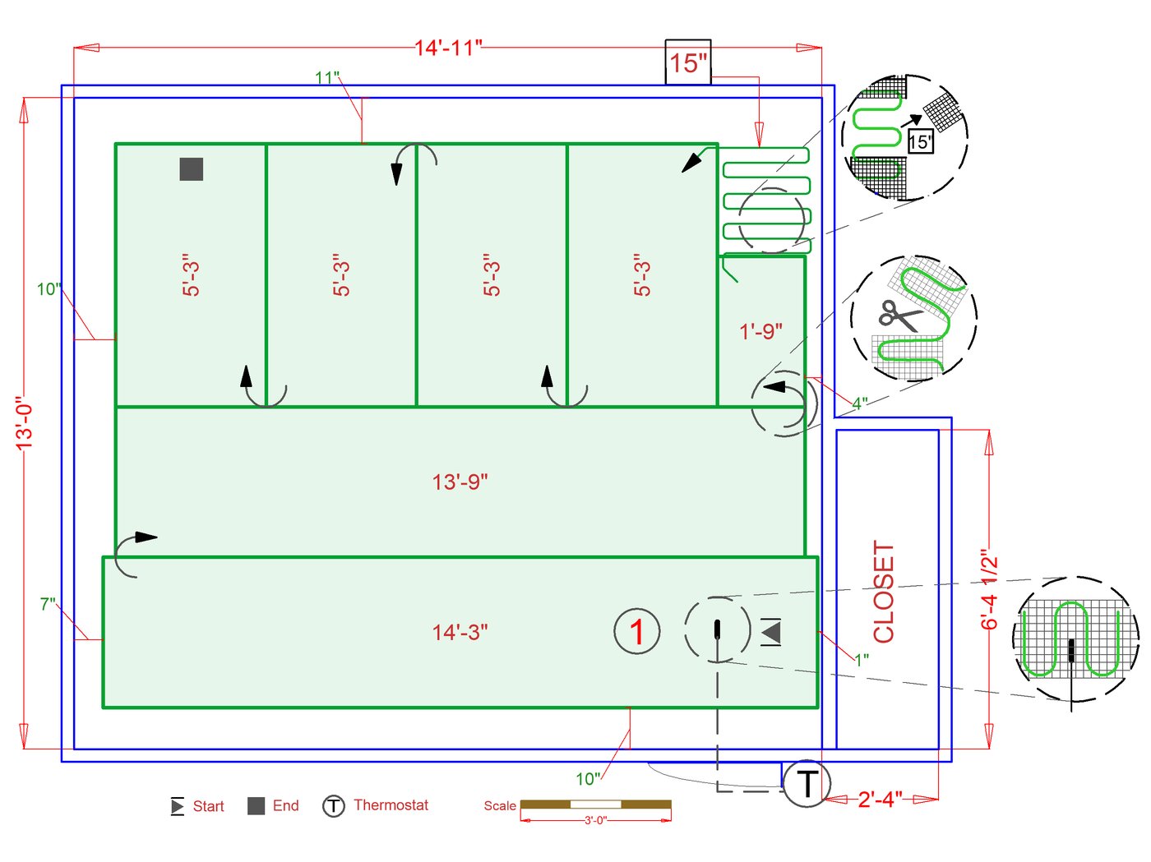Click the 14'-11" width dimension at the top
pyautogui.click(x=448, y=48)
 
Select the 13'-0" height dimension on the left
pyautogui.click(x=25, y=423)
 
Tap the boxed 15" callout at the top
pyautogui.click(x=687, y=62)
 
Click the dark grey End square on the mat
pyautogui.click(x=192, y=169)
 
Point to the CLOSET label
pyautogui.click(x=884, y=592)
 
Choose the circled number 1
pyautogui.click(x=637, y=632)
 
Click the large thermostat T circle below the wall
pyautogui.click(x=807, y=783)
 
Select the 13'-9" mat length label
pyautogui.click(x=460, y=482)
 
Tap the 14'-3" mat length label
pyautogui.click(x=460, y=633)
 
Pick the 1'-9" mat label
pyautogui.click(x=760, y=331)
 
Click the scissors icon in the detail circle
pyautogui.click(x=899, y=316)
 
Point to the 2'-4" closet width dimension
pyautogui.click(x=880, y=799)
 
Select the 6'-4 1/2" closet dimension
pyautogui.click(x=989, y=590)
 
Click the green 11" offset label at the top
pyautogui.click(x=327, y=77)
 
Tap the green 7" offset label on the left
pyautogui.click(x=48, y=605)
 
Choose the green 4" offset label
pyautogui.click(x=859, y=403)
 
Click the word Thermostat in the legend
pyautogui.click(x=391, y=805)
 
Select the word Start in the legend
pyautogui.click(x=208, y=806)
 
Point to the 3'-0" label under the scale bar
pyautogui.click(x=595, y=820)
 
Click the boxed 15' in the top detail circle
pyautogui.click(x=920, y=141)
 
